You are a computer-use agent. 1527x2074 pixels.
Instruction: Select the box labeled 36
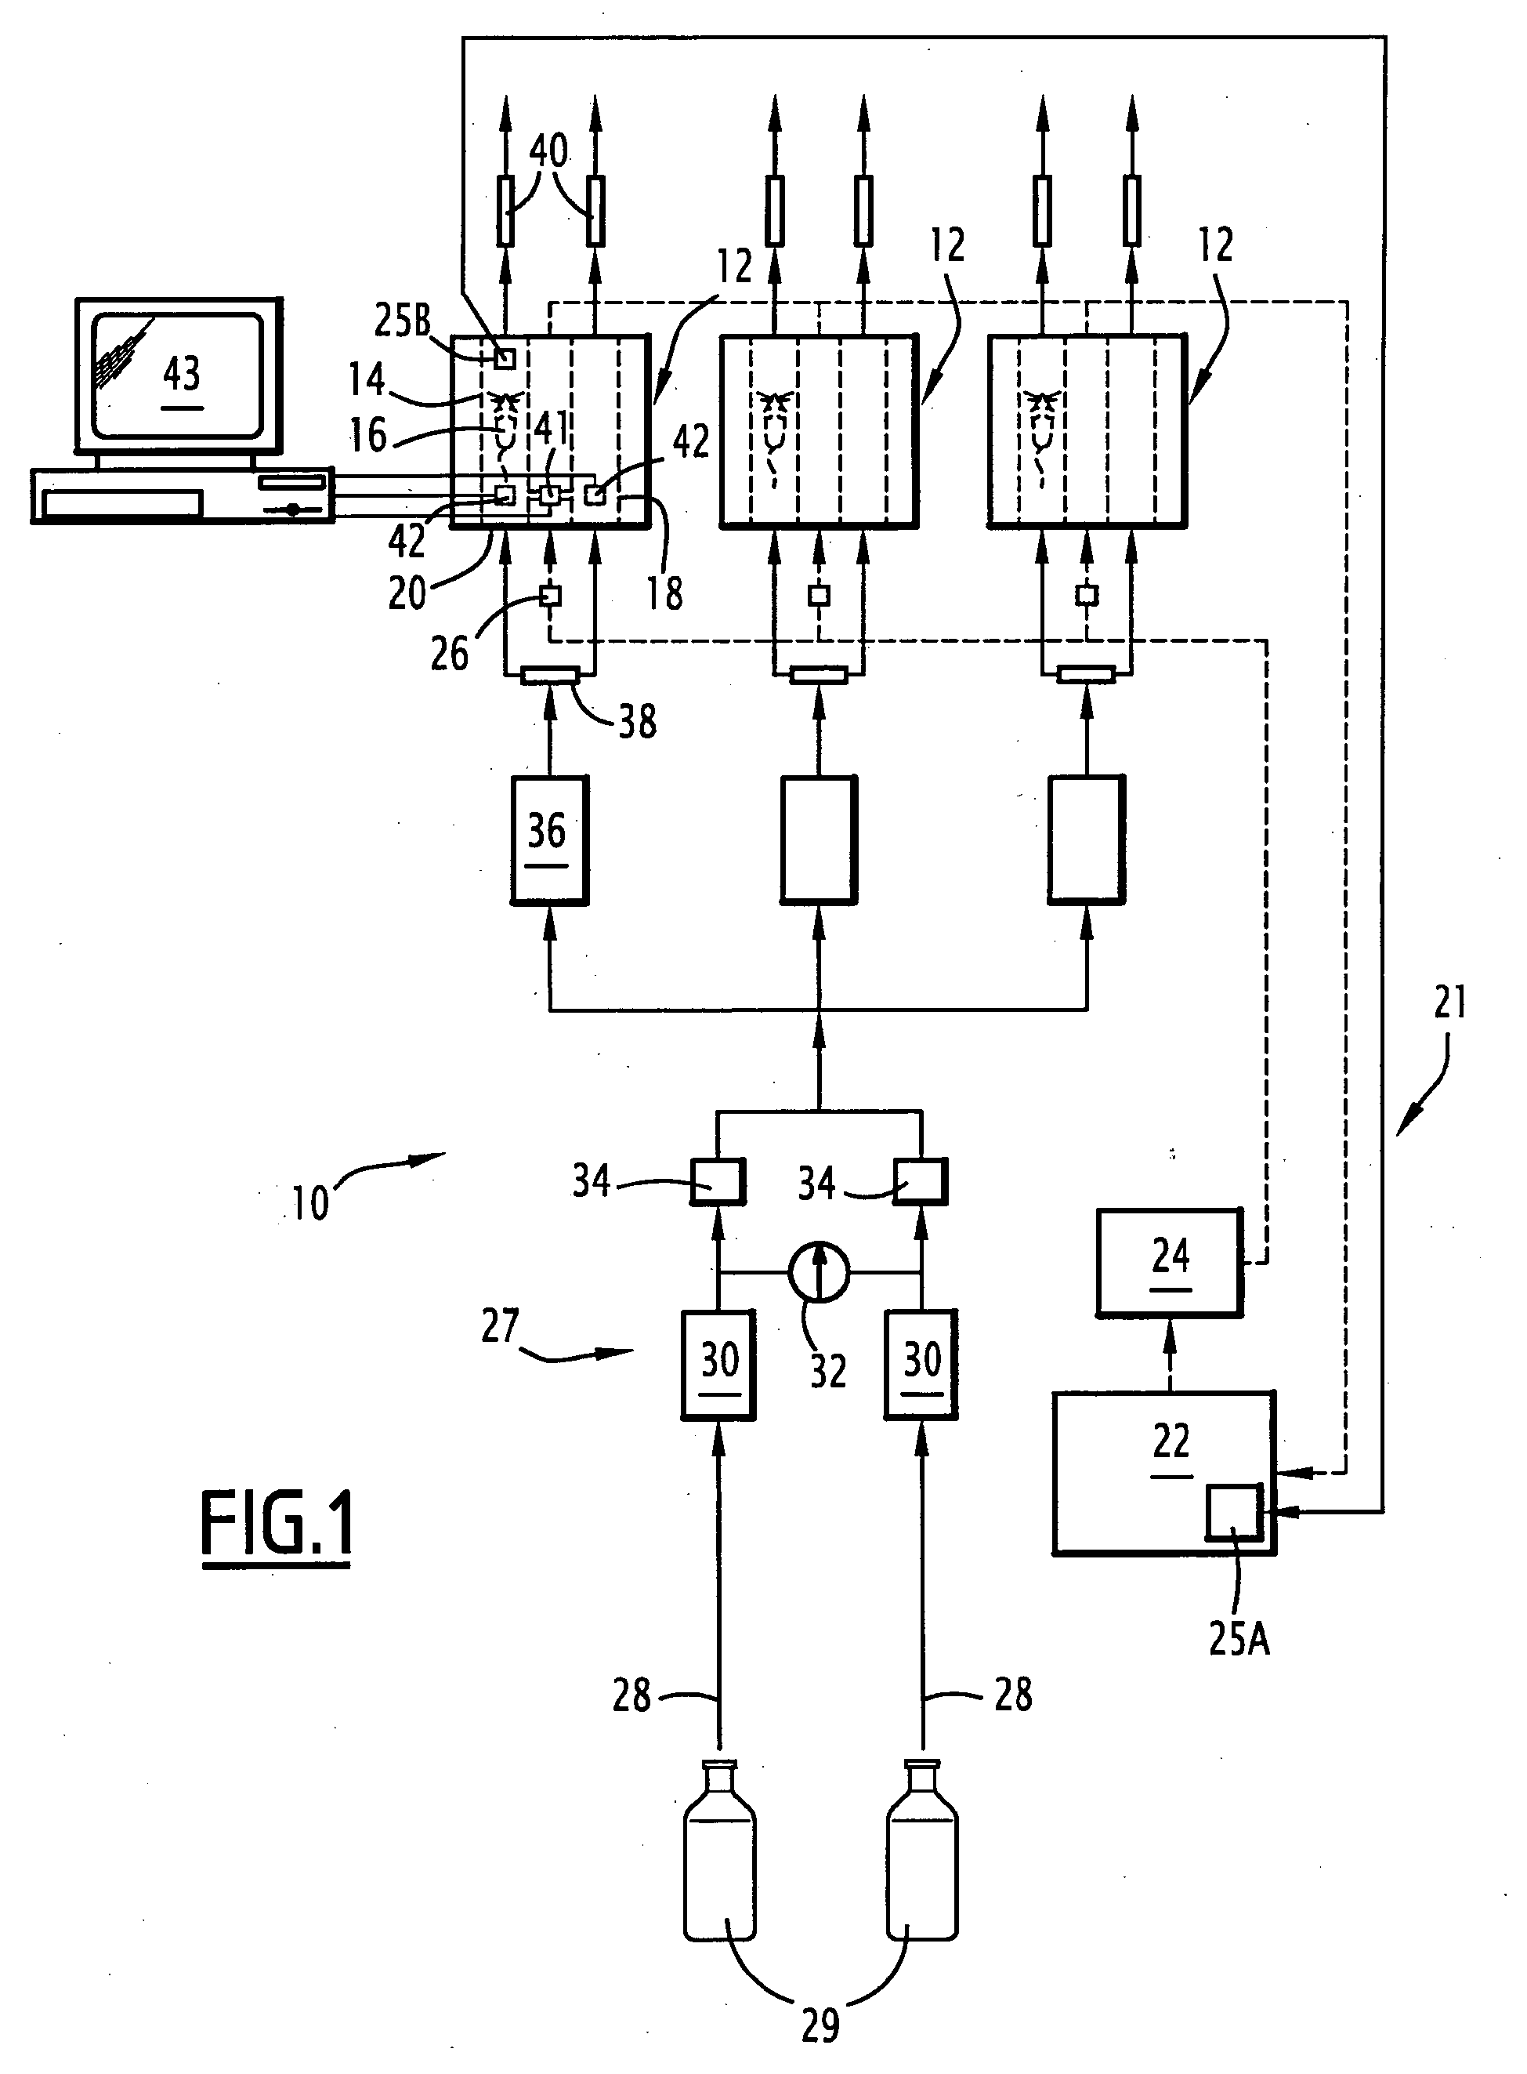tap(549, 839)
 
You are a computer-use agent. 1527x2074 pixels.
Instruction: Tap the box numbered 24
tap(1169, 1262)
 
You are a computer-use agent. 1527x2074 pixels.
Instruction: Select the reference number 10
tap(310, 1203)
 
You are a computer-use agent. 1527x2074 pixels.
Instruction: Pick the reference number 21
tap(1449, 1003)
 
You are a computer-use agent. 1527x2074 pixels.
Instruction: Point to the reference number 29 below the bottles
tap(820, 2025)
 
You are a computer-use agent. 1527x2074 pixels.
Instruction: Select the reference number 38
tap(637, 721)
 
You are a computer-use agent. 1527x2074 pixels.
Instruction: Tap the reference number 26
tap(449, 654)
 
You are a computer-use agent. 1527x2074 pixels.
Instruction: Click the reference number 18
tap(664, 593)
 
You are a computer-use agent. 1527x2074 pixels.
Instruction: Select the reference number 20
tap(407, 593)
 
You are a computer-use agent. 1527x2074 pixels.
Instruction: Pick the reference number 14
tap(367, 379)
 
